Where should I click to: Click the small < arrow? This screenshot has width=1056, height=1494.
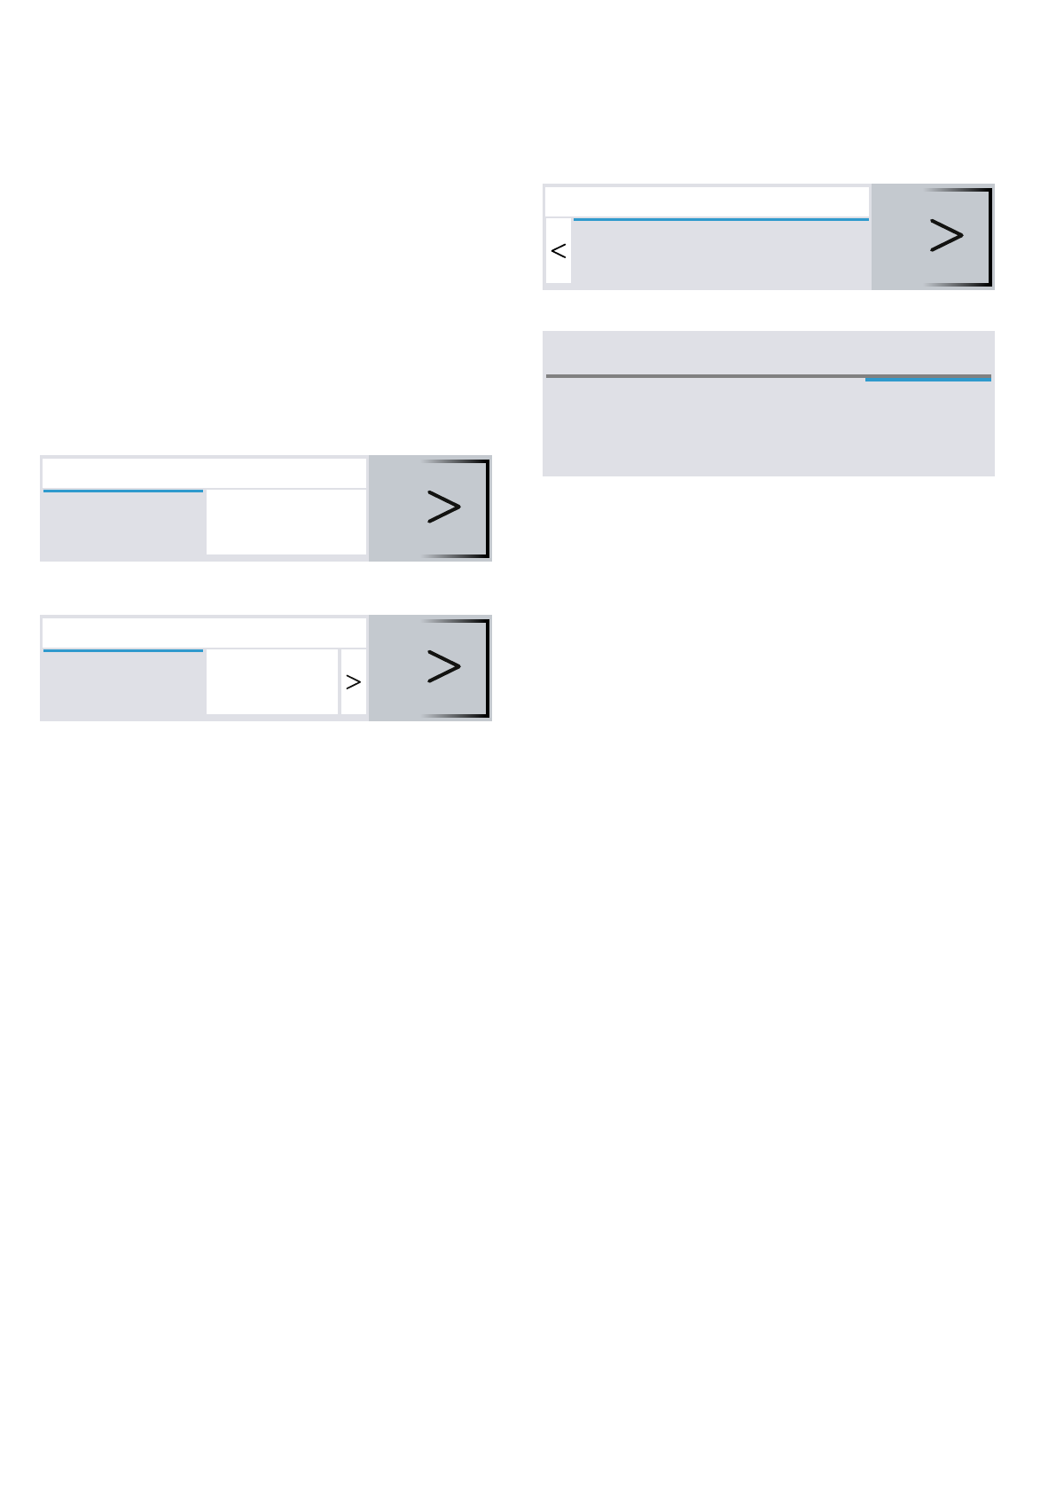click(559, 251)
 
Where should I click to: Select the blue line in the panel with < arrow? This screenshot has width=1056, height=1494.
click(720, 218)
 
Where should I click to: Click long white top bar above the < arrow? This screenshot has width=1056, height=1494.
click(707, 201)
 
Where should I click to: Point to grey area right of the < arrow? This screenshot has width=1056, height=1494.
click(720, 253)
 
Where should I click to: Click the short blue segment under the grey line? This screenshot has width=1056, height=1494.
click(927, 380)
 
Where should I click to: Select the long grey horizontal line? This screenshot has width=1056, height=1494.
click(705, 375)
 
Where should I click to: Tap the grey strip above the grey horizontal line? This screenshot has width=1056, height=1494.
click(768, 353)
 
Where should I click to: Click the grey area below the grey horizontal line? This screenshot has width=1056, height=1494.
click(768, 428)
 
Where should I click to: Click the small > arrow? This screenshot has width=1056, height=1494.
click(353, 681)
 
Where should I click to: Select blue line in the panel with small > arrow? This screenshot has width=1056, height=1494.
click(123, 650)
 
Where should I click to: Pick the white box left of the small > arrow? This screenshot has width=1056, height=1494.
click(272, 681)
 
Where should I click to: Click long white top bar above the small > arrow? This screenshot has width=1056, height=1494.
click(204, 633)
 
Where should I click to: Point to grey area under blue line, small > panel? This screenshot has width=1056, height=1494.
click(123, 685)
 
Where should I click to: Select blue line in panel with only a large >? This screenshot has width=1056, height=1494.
click(123, 491)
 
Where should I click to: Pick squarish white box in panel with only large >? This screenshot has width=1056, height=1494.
click(286, 522)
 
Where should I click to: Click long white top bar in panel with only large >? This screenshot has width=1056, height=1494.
click(204, 473)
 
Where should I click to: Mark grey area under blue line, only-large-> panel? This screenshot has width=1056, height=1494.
click(123, 525)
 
